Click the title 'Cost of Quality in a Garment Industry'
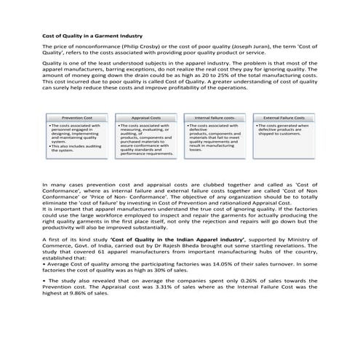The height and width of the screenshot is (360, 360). [x=92, y=36]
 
